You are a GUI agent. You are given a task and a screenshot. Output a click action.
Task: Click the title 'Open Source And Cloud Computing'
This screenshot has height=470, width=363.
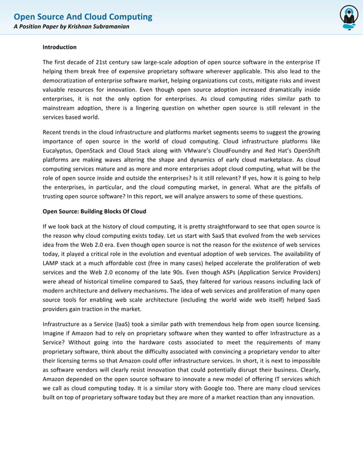pyautogui.click(x=82, y=17)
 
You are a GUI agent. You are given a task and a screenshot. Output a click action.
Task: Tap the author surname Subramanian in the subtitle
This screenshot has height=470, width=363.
pyautogui.click(x=112, y=27)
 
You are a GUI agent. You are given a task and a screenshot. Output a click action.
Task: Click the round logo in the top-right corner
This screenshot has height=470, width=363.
pyautogui.click(x=348, y=18)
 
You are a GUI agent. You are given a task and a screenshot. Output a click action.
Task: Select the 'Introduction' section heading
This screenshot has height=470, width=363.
pyautogui.click(x=60, y=47)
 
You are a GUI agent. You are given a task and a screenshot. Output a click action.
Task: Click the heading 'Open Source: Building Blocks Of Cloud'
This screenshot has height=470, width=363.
pyautogui.click(x=94, y=212)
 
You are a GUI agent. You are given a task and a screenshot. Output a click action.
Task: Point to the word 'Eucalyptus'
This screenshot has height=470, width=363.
pyautogui.click(x=59, y=151)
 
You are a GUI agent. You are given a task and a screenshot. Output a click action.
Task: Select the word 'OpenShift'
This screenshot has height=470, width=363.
pyautogui.click(x=306, y=151)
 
